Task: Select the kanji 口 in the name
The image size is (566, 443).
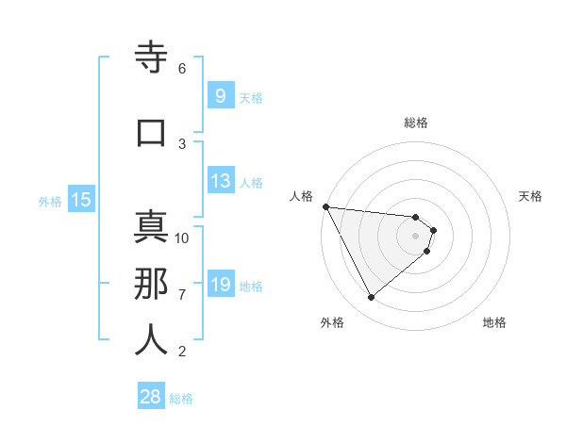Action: (x=151, y=133)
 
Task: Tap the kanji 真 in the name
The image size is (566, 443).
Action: (x=151, y=227)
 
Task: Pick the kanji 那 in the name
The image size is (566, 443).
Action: (x=151, y=284)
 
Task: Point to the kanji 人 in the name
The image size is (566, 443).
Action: (x=151, y=340)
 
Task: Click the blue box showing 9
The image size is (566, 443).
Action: (x=220, y=96)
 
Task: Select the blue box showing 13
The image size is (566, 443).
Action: (x=220, y=182)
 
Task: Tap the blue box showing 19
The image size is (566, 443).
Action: (x=220, y=286)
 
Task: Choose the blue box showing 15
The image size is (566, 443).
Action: (x=80, y=200)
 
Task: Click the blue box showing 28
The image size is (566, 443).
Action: (x=151, y=397)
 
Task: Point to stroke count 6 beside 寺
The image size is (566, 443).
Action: (x=182, y=69)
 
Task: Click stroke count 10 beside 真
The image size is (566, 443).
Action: (x=182, y=238)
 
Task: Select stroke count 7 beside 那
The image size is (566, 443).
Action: (x=182, y=295)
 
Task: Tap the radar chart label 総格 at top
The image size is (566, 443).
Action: (x=416, y=123)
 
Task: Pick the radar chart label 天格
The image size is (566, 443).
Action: (x=531, y=196)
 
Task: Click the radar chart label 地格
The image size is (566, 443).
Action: (x=494, y=322)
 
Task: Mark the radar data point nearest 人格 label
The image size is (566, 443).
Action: (x=325, y=206)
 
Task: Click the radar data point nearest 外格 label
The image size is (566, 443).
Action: (x=371, y=298)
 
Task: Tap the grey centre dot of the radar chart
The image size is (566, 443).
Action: (x=416, y=236)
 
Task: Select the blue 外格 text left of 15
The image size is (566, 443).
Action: (x=50, y=201)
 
